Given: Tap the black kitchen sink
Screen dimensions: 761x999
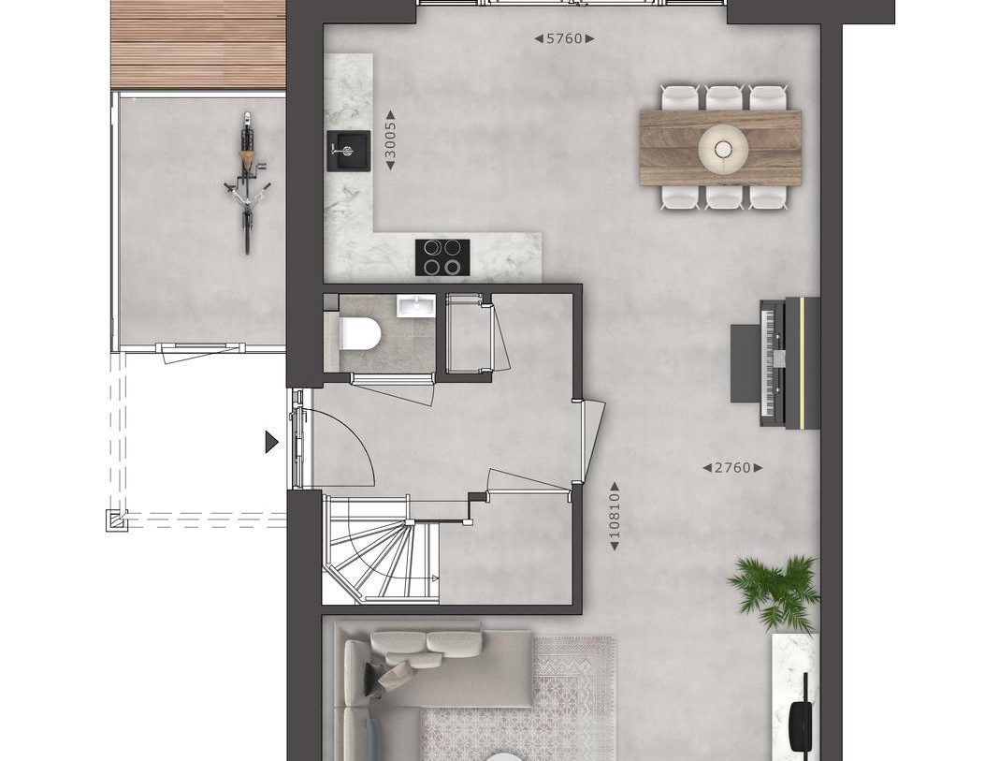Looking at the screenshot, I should (x=348, y=151).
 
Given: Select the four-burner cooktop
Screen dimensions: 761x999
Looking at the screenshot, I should (x=442, y=256).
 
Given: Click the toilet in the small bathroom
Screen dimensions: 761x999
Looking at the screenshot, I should (x=359, y=332).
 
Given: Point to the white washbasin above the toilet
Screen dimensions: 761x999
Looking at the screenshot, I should (x=412, y=306).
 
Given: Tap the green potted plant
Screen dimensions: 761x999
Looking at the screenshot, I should (x=775, y=590).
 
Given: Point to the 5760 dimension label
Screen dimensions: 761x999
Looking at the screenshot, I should (x=565, y=38).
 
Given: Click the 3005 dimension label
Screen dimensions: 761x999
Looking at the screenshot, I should (x=391, y=144).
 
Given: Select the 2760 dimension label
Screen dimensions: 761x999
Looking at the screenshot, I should (x=732, y=467).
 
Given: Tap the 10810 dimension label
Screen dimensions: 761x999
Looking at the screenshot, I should (x=615, y=516).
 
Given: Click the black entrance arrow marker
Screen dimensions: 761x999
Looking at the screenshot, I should (x=271, y=442).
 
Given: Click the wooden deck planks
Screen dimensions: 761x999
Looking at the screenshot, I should (x=197, y=44).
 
